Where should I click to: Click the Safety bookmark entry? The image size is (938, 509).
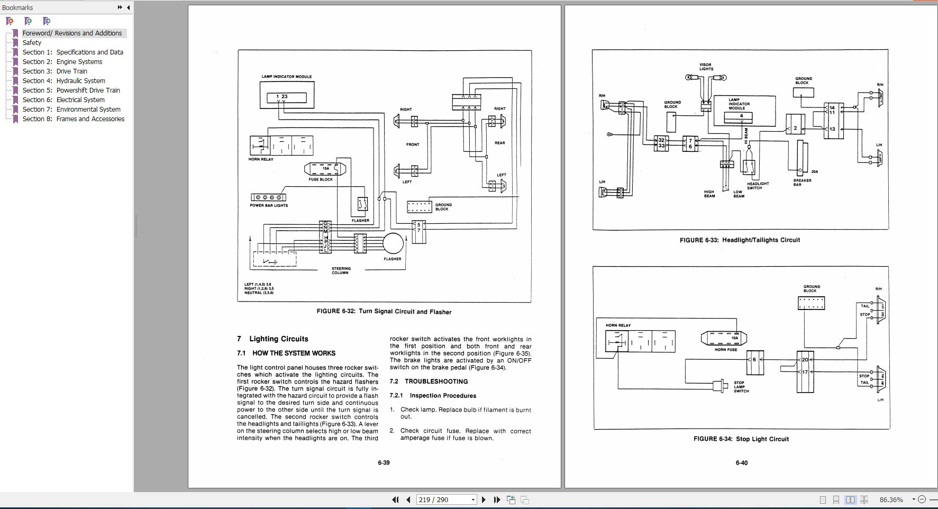click(32, 43)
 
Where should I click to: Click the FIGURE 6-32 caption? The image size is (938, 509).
click(384, 312)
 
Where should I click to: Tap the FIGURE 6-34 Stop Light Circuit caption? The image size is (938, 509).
click(741, 439)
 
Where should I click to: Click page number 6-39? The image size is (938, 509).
click(384, 463)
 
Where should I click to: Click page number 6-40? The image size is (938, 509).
click(741, 463)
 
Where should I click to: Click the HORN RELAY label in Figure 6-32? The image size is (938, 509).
click(261, 159)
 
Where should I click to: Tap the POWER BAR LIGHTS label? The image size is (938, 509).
click(269, 205)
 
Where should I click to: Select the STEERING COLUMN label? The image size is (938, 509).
click(341, 270)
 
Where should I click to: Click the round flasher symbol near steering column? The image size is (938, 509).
click(393, 244)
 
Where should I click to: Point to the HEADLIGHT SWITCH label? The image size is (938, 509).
click(758, 186)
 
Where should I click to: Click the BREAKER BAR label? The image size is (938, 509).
click(802, 183)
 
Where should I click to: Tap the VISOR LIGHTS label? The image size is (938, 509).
click(706, 67)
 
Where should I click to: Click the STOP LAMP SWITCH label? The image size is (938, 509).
click(741, 387)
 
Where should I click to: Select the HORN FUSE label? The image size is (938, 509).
click(725, 350)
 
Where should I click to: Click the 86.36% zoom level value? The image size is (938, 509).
click(891, 499)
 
